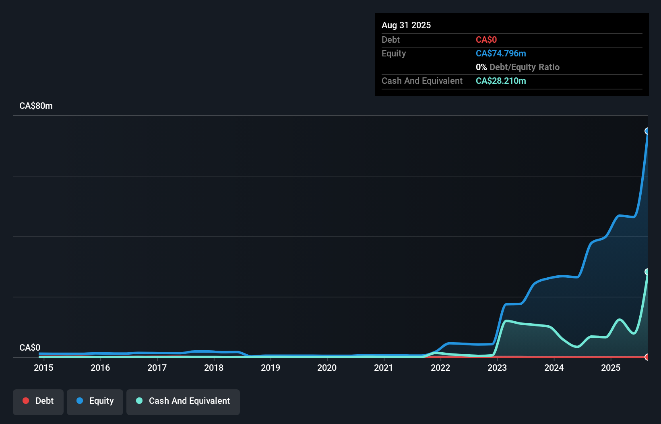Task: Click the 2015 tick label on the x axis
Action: (x=43, y=368)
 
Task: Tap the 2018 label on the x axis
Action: (x=213, y=368)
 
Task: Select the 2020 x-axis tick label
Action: (x=327, y=368)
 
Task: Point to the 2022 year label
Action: (x=440, y=368)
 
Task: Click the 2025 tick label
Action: (x=611, y=368)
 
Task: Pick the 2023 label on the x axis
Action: (x=497, y=368)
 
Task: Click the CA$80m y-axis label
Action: (x=36, y=106)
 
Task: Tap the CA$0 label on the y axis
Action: (x=30, y=347)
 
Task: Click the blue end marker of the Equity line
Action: (x=647, y=131)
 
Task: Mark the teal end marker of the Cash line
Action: (x=647, y=272)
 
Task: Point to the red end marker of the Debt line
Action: (x=647, y=357)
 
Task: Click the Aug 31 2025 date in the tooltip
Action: (x=406, y=25)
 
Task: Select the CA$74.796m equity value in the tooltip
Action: (x=501, y=53)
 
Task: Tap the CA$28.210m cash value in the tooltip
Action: (x=501, y=81)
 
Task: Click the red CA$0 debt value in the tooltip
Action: (x=486, y=39)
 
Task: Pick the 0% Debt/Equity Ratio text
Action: (x=518, y=67)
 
